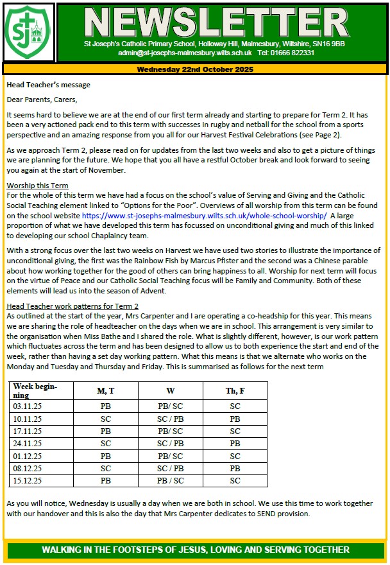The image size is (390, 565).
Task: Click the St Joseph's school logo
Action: (28, 33)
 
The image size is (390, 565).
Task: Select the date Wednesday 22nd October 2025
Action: (194, 68)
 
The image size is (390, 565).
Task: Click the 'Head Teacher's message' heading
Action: (48, 84)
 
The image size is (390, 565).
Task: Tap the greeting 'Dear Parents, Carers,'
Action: (42, 100)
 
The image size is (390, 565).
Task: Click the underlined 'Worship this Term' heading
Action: (37, 186)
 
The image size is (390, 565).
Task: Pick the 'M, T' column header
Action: (105, 391)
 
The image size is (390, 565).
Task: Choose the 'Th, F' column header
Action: (235, 391)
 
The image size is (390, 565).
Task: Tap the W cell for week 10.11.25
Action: (170, 419)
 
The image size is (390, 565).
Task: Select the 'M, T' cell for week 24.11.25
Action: (105, 444)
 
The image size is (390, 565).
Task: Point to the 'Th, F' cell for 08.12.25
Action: (235, 468)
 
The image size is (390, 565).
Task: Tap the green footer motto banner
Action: (195, 550)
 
